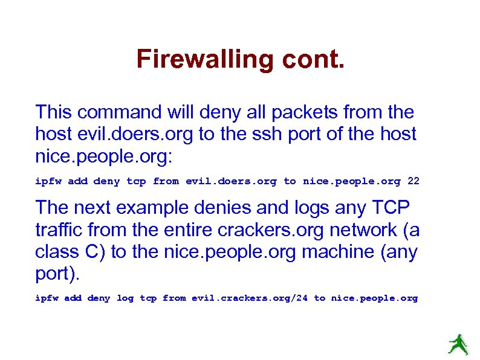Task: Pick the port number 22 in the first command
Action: coord(414,181)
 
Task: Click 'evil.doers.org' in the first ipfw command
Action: coord(231,181)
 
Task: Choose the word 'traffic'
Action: coord(64,230)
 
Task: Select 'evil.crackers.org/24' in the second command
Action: coord(250,298)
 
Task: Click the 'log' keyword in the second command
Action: coord(125,298)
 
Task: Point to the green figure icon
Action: coord(458,345)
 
